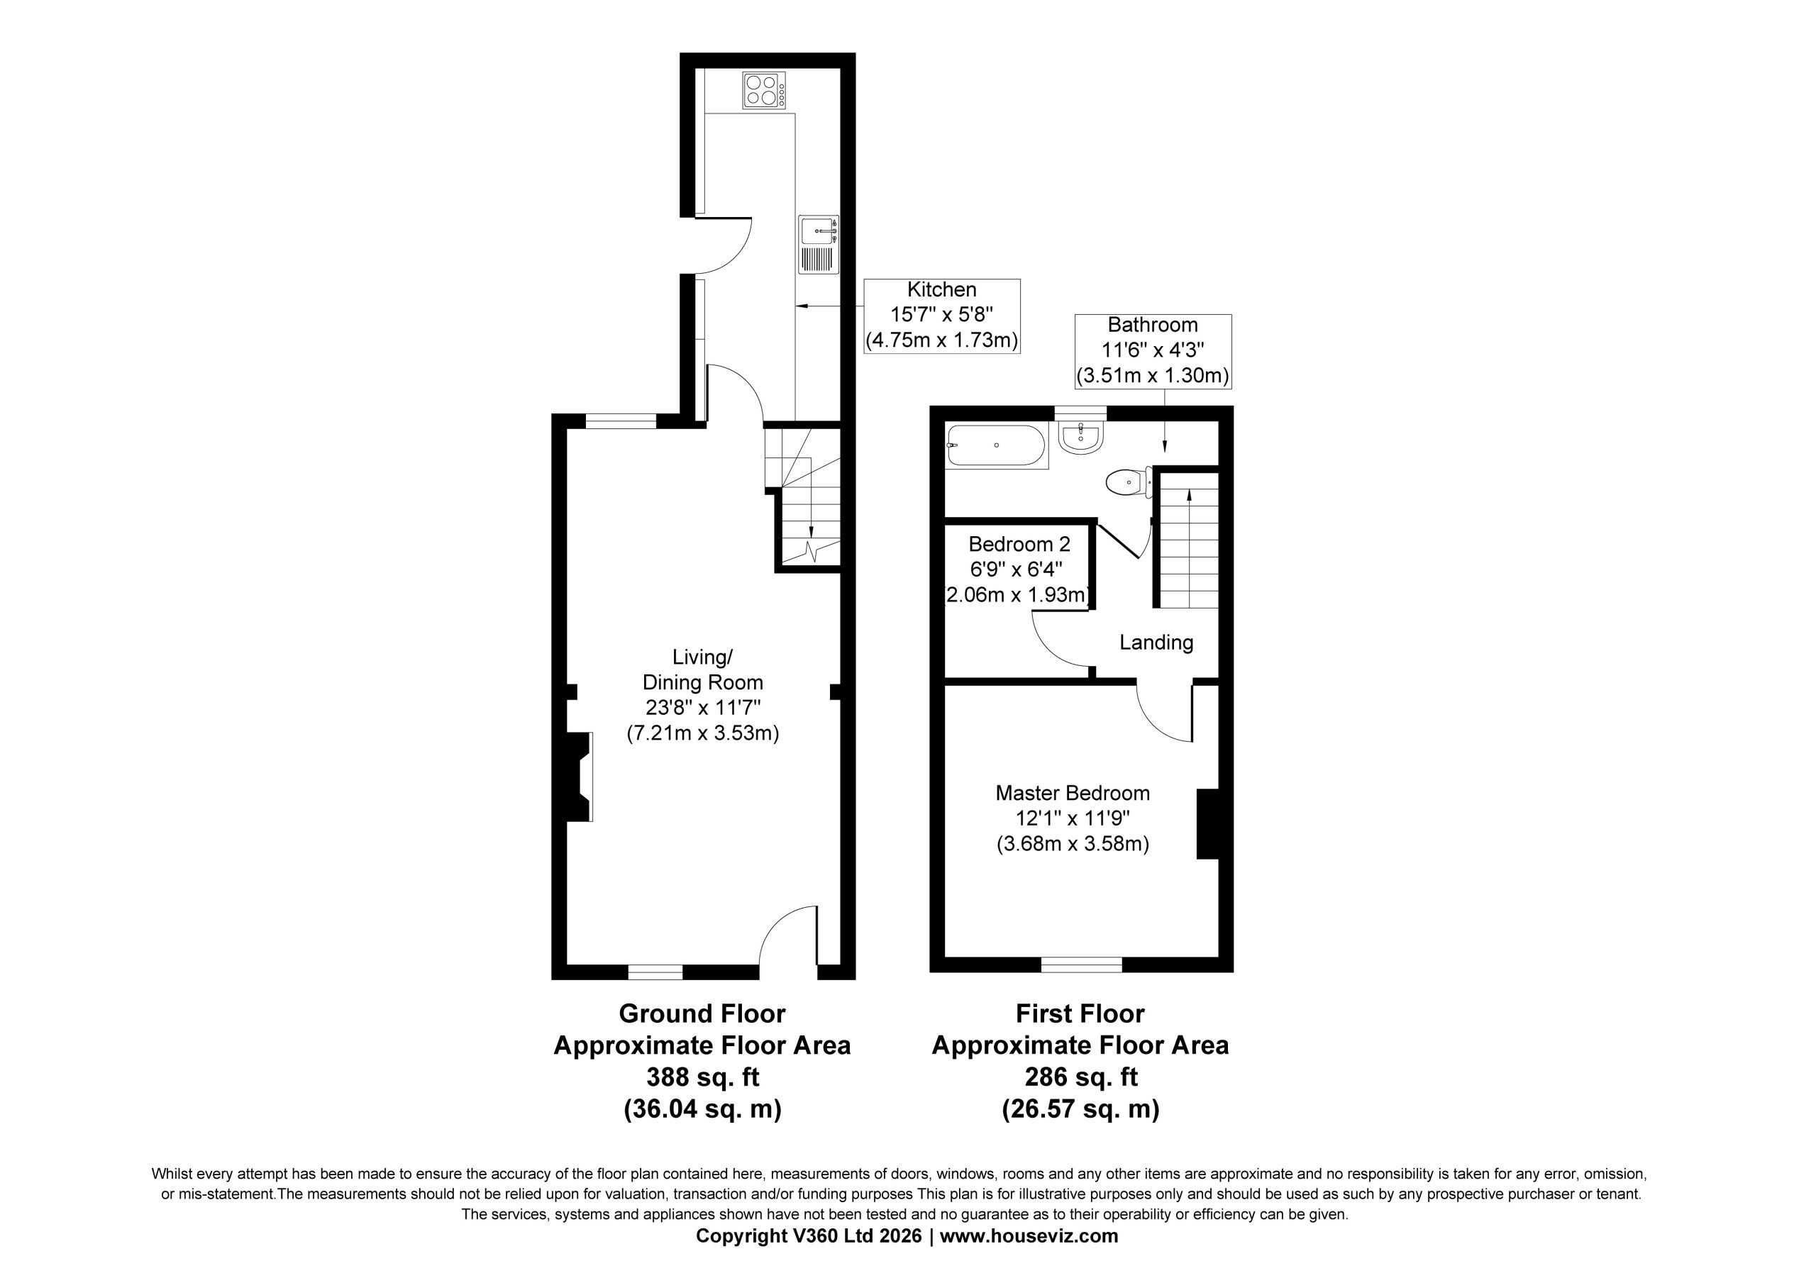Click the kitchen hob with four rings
click(764, 90)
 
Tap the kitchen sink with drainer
click(819, 245)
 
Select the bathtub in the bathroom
click(997, 446)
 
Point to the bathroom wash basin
click(1080, 437)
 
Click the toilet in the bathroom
click(1129, 482)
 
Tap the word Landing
click(1156, 643)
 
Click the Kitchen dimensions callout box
click(941, 316)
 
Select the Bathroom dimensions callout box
click(1153, 350)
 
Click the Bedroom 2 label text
click(1019, 544)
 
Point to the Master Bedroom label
click(1073, 793)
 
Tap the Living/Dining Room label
click(702, 670)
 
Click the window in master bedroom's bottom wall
click(1081, 965)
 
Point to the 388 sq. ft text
click(702, 1077)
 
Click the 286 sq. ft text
click(1080, 1077)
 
